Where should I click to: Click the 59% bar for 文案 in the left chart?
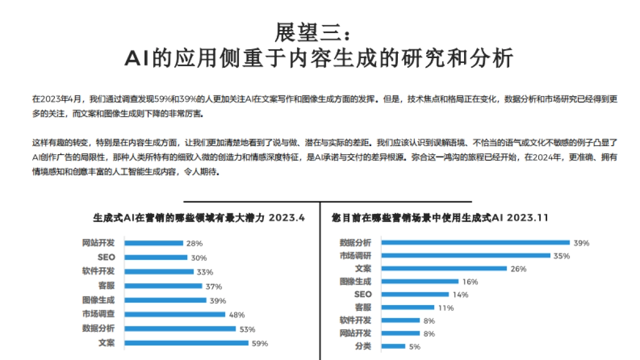[187, 343]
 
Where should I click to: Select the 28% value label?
[194, 243]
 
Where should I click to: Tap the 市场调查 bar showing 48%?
[175, 315]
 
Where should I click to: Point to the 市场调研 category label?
[355, 255]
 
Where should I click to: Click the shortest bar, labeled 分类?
[394, 347]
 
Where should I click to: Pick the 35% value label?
[561, 256]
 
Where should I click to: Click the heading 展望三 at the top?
[313, 33]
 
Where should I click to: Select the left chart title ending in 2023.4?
[199, 218]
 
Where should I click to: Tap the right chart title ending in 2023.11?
[440, 218]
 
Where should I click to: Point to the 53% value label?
[247, 329]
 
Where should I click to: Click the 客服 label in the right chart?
[363, 307]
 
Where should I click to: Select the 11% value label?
[446, 308]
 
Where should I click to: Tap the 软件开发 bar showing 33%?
[159, 271]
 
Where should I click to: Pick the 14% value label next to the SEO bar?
[460, 295]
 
